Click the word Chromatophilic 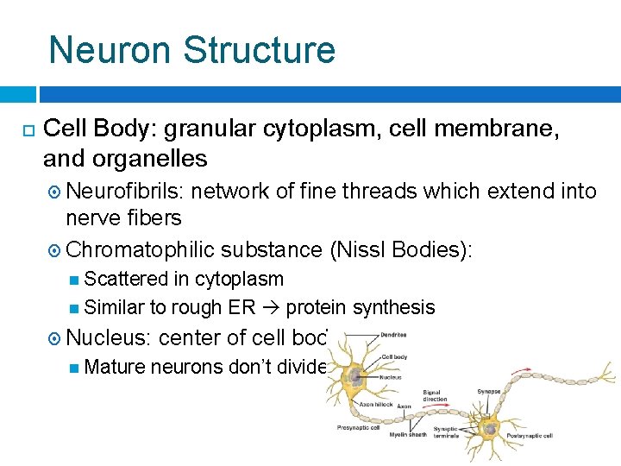(x=140, y=249)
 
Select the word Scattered (x=128, y=279)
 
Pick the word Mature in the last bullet (x=116, y=367)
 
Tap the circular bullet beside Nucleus (x=53, y=337)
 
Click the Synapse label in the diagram (x=489, y=391)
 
